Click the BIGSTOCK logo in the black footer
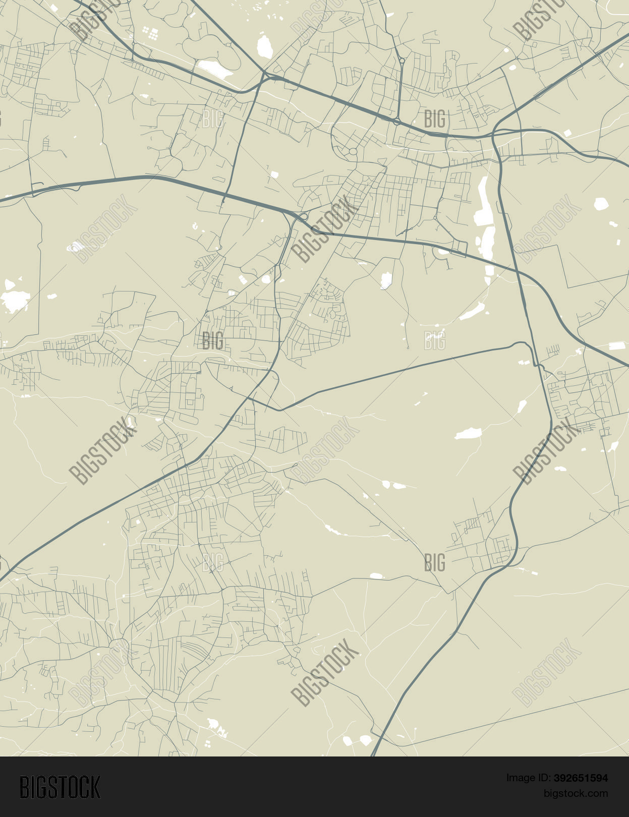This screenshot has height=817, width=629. [60, 787]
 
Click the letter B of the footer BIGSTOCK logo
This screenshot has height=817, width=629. [24, 787]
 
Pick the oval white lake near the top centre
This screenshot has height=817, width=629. [265, 47]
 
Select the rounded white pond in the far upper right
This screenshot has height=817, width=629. [601, 204]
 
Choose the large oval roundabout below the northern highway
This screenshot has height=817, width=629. [353, 151]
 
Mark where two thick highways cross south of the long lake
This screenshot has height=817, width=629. [518, 272]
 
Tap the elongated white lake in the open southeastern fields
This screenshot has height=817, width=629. [468, 433]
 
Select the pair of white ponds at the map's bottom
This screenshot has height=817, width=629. [356, 740]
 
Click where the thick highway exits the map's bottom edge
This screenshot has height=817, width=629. [373, 754]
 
